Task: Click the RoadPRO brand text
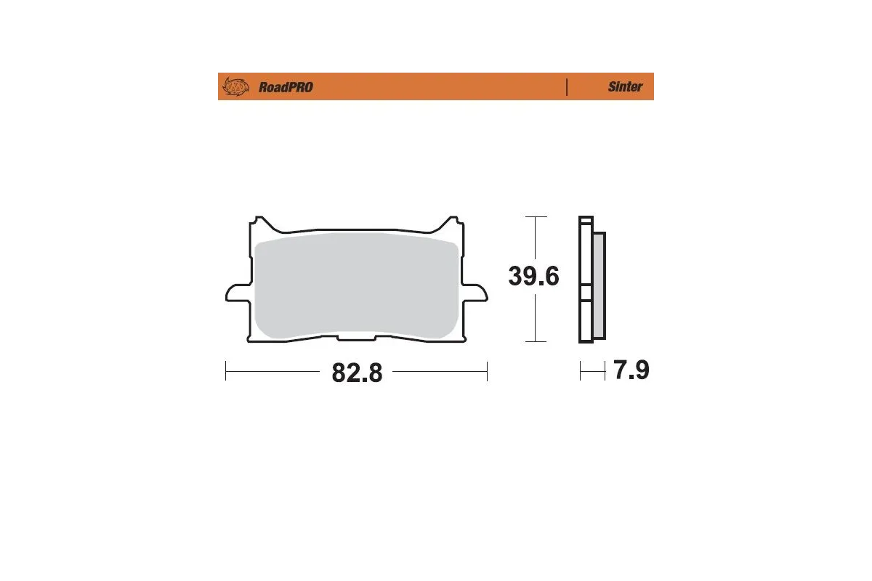(286, 87)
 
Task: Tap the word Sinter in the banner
(625, 86)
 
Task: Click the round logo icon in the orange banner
(235, 86)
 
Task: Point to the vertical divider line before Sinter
(566, 86)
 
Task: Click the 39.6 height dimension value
(533, 276)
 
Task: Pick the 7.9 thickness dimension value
(631, 370)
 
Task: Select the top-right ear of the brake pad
(453, 221)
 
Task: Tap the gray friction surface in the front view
(356, 287)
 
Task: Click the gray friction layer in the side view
(599, 287)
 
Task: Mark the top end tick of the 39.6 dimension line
(536, 217)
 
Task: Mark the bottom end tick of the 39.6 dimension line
(536, 341)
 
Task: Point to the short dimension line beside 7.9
(592, 371)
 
